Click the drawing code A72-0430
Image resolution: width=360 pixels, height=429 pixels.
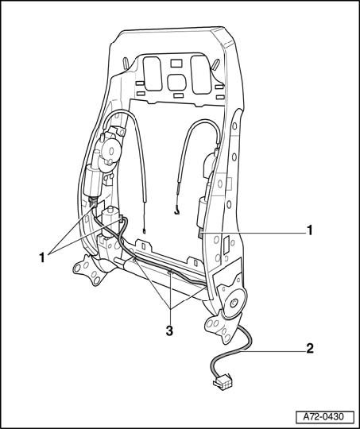[323, 417]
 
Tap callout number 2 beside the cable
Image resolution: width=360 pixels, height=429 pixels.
[310, 349]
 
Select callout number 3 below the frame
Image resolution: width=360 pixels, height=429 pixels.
[169, 331]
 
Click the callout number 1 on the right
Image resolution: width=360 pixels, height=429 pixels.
[309, 230]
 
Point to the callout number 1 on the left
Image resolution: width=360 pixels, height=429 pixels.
[42, 257]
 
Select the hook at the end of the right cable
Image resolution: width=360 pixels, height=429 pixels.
[177, 211]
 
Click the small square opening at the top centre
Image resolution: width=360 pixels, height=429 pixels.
[176, 64]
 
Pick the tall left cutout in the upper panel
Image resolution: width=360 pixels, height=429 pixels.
[153, 73]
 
